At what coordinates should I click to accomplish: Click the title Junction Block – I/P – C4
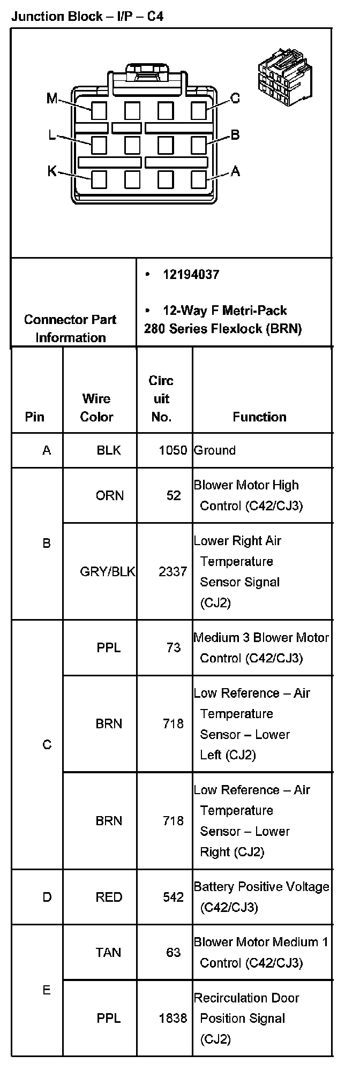pyautogui.click(x=87, y=16)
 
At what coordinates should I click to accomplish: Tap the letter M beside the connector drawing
pyautogui.click(x=52, y=99)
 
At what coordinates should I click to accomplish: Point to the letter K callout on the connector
pyautogui.click(x=52, y=171)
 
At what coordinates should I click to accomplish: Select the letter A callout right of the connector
pyautogui.click(x=235, y=171)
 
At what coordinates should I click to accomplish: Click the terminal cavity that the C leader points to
pyautogui.click(x=199, y=111)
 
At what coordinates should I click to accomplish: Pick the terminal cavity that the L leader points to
pyautogui.click(x=99, y=145)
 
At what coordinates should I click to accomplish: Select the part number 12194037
pyautogui.click(x=191, y=275)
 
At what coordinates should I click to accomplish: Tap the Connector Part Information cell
pyautogui.click(x=70, y=328)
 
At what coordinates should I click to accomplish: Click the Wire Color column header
pyautogui.click(x=97, y=408)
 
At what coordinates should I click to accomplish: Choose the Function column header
pyautogui.click(x=259, y=417)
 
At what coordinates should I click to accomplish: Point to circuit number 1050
pyautogui.click(x=173, y=450)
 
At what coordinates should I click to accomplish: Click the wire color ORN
pyautogui.click(x=109, y=495)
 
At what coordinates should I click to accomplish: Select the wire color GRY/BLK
pyautogui.click(x=108, y=571)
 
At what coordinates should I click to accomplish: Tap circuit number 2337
pyautogui.click(x=173, y=571)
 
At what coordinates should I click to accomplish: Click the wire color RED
pyautogui.click(x=109, y=897)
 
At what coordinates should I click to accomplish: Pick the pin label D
pyautogui.click(x=47, y=897)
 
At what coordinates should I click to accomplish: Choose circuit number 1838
pyautogui.click(x=173, y=1018)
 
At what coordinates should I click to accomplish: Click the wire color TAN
pyautogui.click(x=109, y=953)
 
